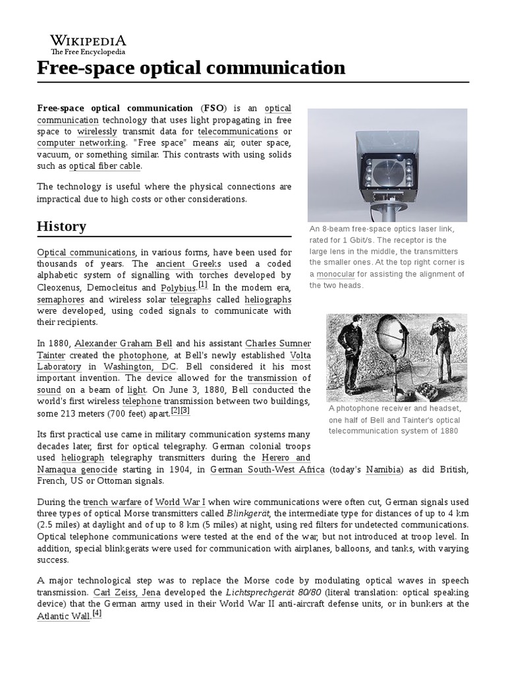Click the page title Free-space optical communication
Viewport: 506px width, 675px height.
coord(191,68)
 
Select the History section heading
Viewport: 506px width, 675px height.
coord(61,226)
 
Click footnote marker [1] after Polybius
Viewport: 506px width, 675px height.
coord(203,285)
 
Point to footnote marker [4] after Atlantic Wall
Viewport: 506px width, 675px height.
coord(97,612)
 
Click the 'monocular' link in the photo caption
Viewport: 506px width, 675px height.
coord(335,274)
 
